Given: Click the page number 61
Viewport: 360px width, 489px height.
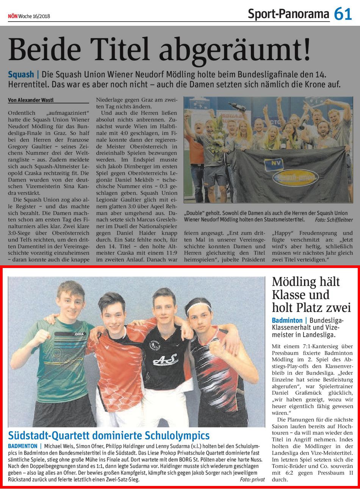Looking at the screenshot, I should coord(343,14).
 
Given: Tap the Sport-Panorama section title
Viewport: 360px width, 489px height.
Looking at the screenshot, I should coord(288,14).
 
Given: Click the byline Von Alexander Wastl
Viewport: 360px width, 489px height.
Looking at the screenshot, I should coord(30,100).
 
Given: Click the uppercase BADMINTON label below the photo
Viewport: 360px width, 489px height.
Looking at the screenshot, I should coord(22,446).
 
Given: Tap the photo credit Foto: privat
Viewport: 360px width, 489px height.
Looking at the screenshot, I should coord(252,480).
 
